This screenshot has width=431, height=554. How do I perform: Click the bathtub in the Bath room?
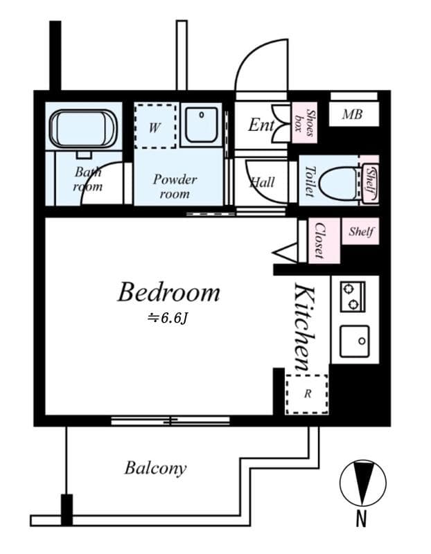(x=83, y=129)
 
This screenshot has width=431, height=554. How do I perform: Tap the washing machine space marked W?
(x=155, y=126)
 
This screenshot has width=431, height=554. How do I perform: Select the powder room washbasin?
(x=202, y=125)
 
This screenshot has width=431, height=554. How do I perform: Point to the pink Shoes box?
(x=304, y=123)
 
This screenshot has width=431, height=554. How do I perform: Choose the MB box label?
(x=352, y=114)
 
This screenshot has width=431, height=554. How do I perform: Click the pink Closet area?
(x=324, y=240)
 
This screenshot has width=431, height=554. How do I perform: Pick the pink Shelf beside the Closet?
(x=360, y=231)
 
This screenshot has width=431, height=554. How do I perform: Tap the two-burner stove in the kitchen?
(x=353, y=297)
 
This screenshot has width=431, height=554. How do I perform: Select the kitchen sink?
(x=355, y=341)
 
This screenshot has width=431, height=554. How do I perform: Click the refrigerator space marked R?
(x=307, y=394)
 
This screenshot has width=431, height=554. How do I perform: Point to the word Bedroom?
(x=168, y=292)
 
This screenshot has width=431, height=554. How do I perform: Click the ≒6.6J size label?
(x=167, y=319)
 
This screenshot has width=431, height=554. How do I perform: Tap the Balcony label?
(x=155, y=469)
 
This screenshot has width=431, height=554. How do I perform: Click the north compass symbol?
(x=363, y=483)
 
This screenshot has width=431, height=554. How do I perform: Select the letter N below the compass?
(x=361, y=519)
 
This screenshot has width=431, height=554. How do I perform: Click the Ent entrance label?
(x=261, y=125)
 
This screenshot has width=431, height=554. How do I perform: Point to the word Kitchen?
(x=304, y=328)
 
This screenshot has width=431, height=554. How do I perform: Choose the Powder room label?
(x=175, y=186)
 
